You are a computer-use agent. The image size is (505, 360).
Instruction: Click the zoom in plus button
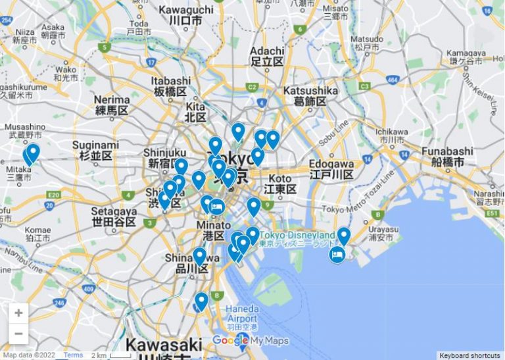18,313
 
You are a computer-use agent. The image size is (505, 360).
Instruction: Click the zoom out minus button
18,334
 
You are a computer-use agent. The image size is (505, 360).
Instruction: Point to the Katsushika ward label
311,96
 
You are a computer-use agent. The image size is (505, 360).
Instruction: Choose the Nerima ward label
112,105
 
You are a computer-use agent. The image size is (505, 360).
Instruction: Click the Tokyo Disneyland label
297,240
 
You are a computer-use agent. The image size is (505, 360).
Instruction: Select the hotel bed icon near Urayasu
337,254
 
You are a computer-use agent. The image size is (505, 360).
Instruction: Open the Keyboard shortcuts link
469,355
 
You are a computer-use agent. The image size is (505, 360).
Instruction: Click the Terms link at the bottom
73,355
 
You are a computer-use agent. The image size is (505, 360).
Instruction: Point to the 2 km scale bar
112,355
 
